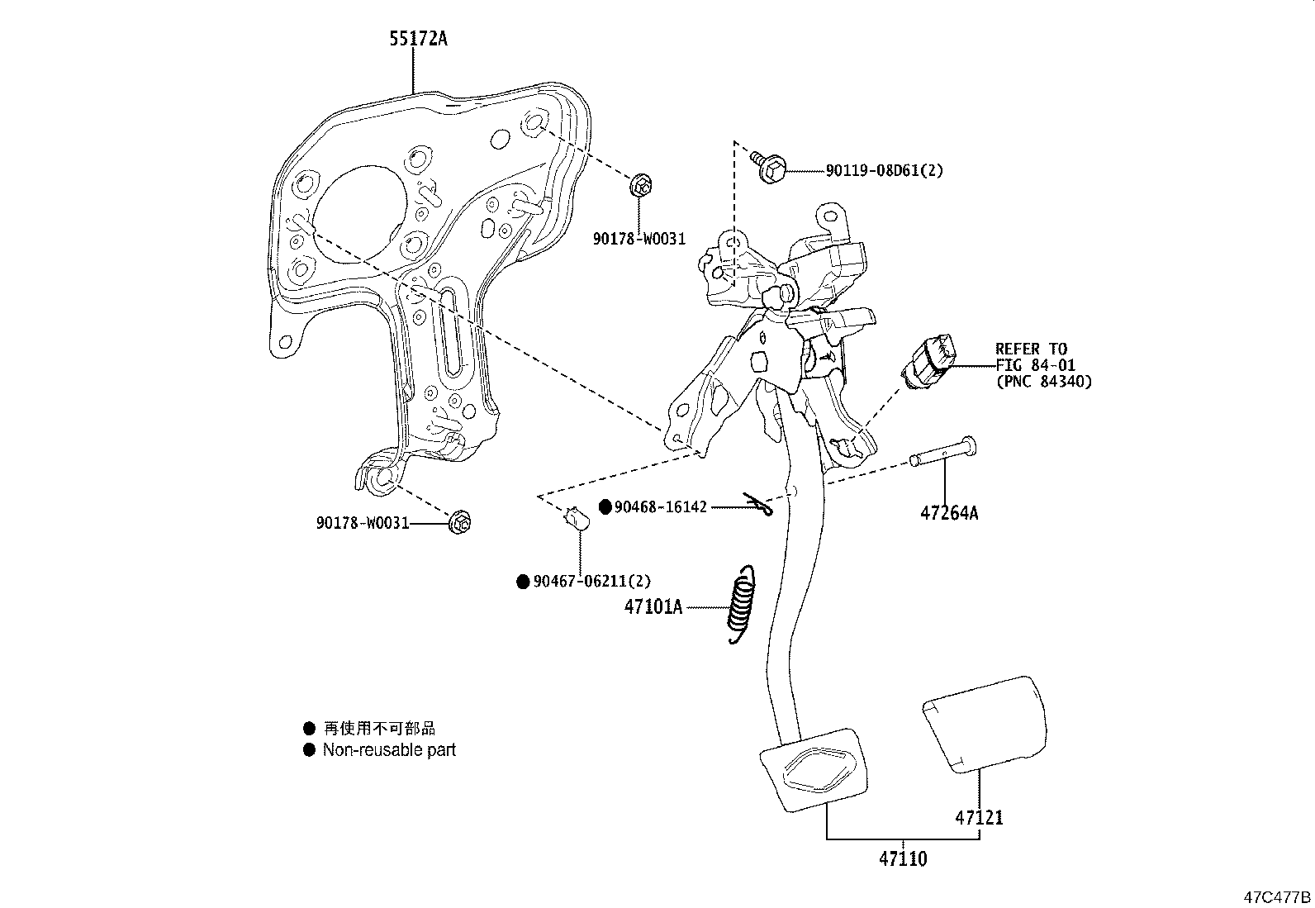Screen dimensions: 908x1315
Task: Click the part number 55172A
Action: pos(418,38)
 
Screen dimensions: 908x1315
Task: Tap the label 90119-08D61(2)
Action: pos(884,171)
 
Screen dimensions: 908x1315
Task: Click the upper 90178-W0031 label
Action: pos(639,239)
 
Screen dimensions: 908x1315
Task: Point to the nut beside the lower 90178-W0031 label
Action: pos(462,522)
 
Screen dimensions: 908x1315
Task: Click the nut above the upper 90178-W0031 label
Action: pos(640,185)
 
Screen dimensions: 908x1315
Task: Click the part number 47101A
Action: pos(653,607)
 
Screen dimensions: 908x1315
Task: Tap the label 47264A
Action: pos(948,513)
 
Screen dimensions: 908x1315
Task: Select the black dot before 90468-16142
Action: pos(605,506)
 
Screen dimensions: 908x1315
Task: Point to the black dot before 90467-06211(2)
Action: pos(522,582)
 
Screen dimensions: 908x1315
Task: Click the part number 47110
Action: pos(902,859)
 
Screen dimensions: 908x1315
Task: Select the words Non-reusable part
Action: pos(389,750)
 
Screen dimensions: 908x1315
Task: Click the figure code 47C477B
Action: pos(1278,896)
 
